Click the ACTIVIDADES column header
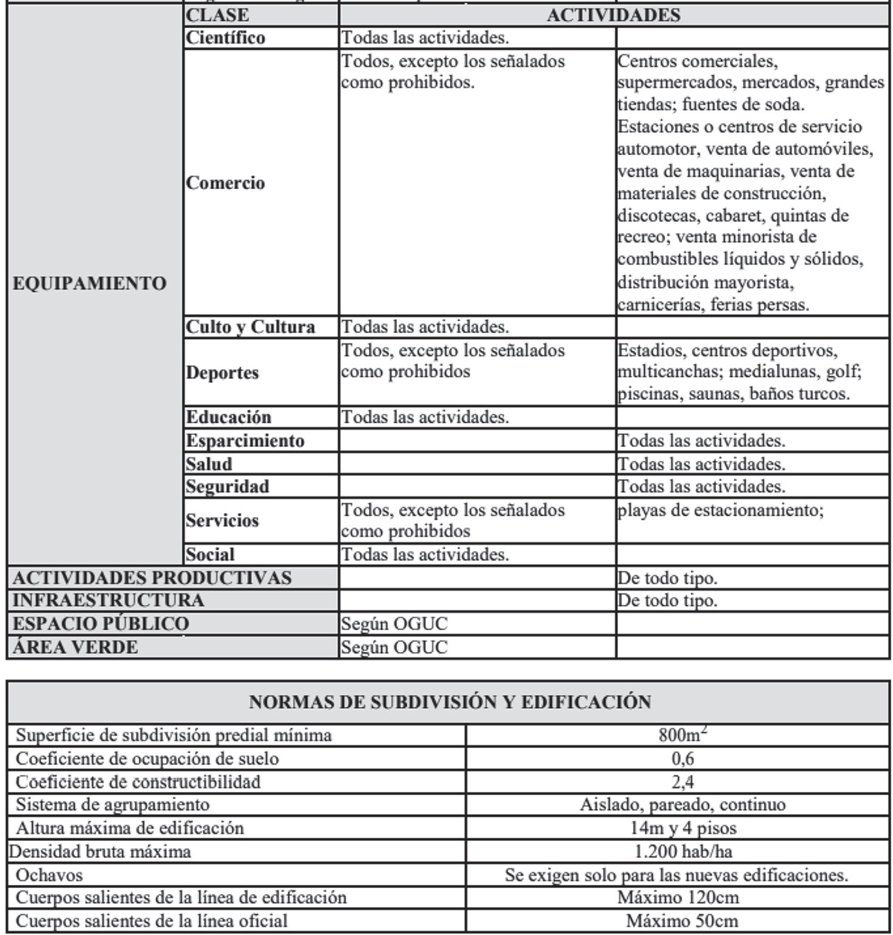coord(613,15)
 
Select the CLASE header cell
coord(217,15)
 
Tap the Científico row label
coord(226,37)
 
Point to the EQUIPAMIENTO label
coord(89,283)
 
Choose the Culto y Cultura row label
coord(250,327)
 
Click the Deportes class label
coord(222,373)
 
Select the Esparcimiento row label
coord(245,440)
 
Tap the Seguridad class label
coord(227,487)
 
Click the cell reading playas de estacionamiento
coord(720,510)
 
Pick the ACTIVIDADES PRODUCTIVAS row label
coord(152,578)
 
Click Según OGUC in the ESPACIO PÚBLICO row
coord(394,624)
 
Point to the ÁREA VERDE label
coord(75,647)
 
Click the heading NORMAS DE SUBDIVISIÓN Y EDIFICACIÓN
coord(449,702)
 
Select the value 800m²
coord(682,734)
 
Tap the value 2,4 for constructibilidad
coord(682,781)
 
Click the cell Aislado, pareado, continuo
coord(682,805)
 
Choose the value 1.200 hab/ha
coord(682,852)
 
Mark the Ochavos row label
coord(49,875)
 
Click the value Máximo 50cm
coord(682,921)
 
